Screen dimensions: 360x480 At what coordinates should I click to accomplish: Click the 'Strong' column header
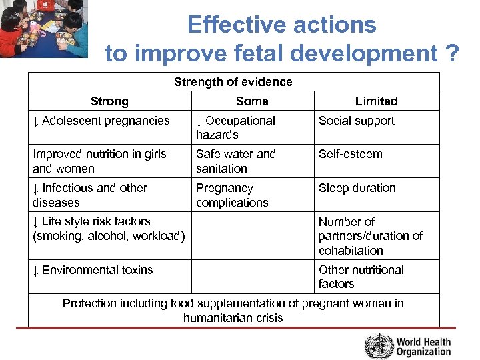pos(109,101)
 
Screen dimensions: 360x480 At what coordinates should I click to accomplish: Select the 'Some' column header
pos(252,101)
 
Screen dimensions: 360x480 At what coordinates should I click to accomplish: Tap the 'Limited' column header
pos(376,101)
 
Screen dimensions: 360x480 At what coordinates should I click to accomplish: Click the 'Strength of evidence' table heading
pos(233,82)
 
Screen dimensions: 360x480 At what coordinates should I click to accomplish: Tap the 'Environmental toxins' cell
pos(93,270)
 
